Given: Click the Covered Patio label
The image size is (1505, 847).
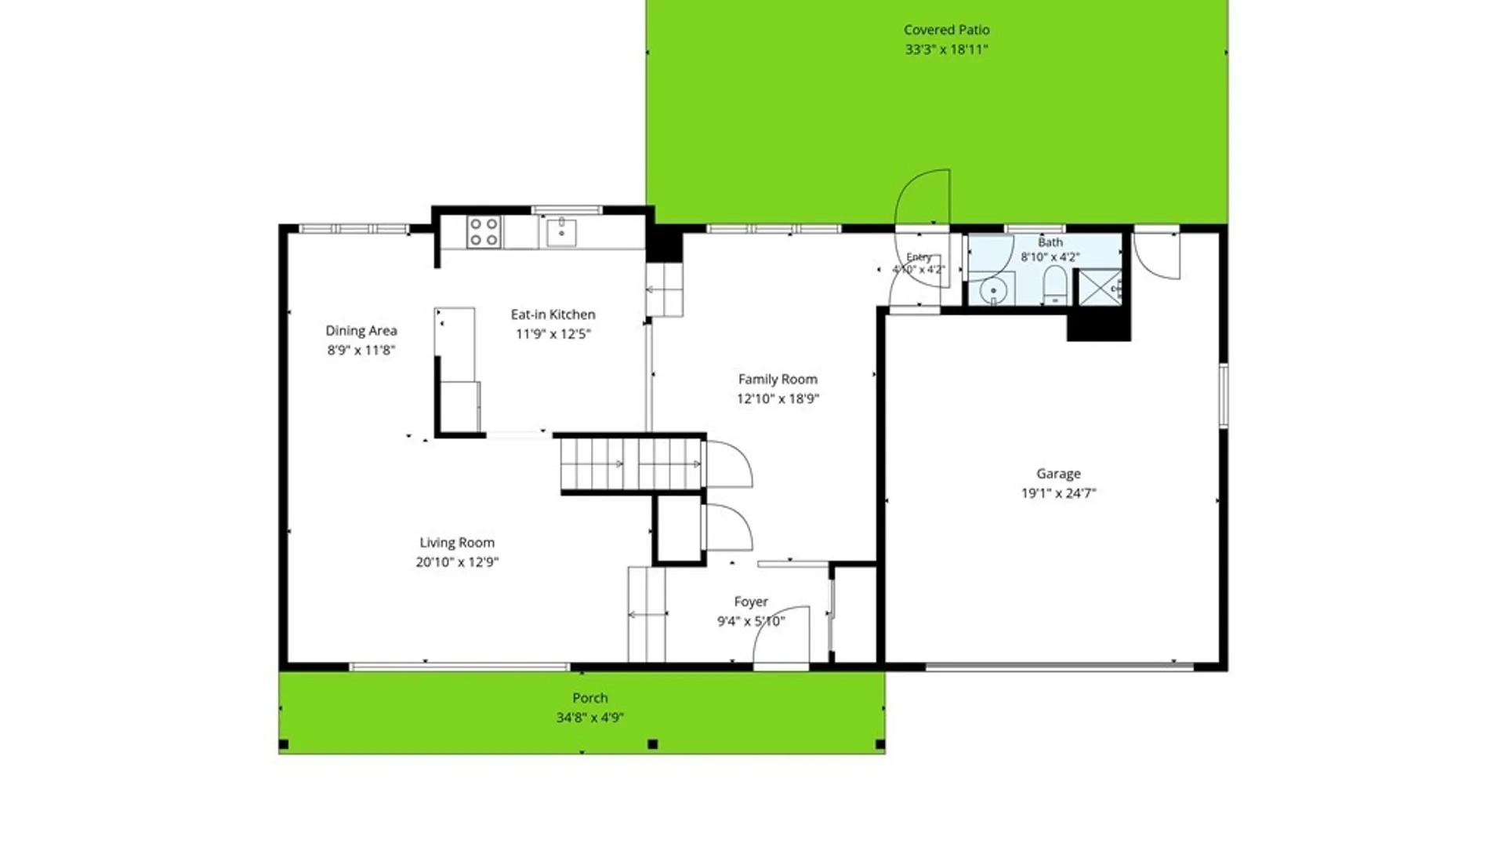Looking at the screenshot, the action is point(946,30).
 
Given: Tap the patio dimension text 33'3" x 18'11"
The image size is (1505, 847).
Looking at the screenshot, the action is point(946,49).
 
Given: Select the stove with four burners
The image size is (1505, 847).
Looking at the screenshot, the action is point(484,232).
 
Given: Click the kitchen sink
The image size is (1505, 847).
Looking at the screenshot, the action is point(561,232).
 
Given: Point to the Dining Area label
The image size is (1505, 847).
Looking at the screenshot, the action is point(361,331).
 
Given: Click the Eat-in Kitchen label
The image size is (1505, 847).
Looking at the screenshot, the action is point(553,314).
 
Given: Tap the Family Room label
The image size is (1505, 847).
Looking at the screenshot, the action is point(778,380).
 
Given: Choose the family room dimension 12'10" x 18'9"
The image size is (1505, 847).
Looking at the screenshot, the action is point(778,398).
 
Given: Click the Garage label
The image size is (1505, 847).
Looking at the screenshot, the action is point(1058,474).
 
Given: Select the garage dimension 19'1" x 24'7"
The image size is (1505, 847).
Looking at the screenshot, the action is point(1058,493).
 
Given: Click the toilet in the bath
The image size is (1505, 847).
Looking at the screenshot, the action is point(1055,284).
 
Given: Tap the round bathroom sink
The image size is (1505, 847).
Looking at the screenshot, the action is point(993,291).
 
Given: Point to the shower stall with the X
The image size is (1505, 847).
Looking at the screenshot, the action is point(1101,287).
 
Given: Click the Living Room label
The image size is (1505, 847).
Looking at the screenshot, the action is point(457,543).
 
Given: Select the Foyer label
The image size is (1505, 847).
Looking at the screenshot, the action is point(751,602).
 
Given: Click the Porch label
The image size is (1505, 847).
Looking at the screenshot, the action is point(589,698).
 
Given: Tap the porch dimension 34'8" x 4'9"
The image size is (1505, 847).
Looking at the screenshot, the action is point(589,718).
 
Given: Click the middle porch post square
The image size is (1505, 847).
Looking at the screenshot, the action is point(652,744).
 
